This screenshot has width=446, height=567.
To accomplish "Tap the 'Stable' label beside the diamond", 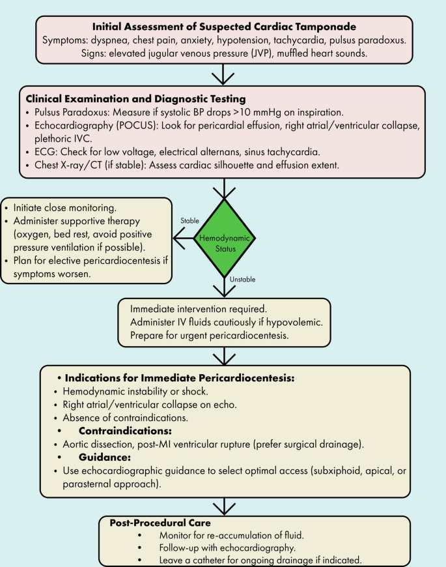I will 189,221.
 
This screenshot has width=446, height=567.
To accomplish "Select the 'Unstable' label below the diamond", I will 243,280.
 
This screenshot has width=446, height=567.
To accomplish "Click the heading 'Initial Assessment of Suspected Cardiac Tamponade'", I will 223,27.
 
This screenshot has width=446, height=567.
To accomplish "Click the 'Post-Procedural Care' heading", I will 160,523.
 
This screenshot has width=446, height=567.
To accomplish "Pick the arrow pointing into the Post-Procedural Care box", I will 223,505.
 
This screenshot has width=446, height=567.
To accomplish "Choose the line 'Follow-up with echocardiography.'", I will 236,547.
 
